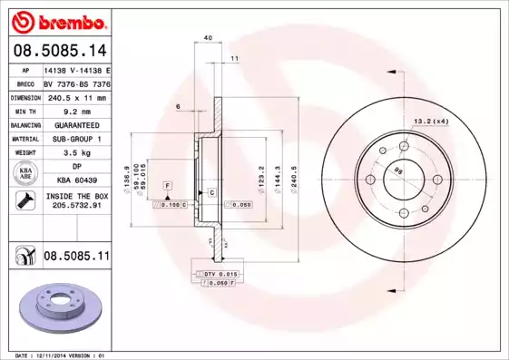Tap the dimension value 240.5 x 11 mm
(76, 97)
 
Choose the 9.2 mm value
(76, 111)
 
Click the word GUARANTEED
(76, 124)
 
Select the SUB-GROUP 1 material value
(76, 139)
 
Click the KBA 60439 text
(76, 181)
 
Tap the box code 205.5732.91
(76, 207)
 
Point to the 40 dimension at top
(208, 37)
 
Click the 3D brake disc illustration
(55, 309)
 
